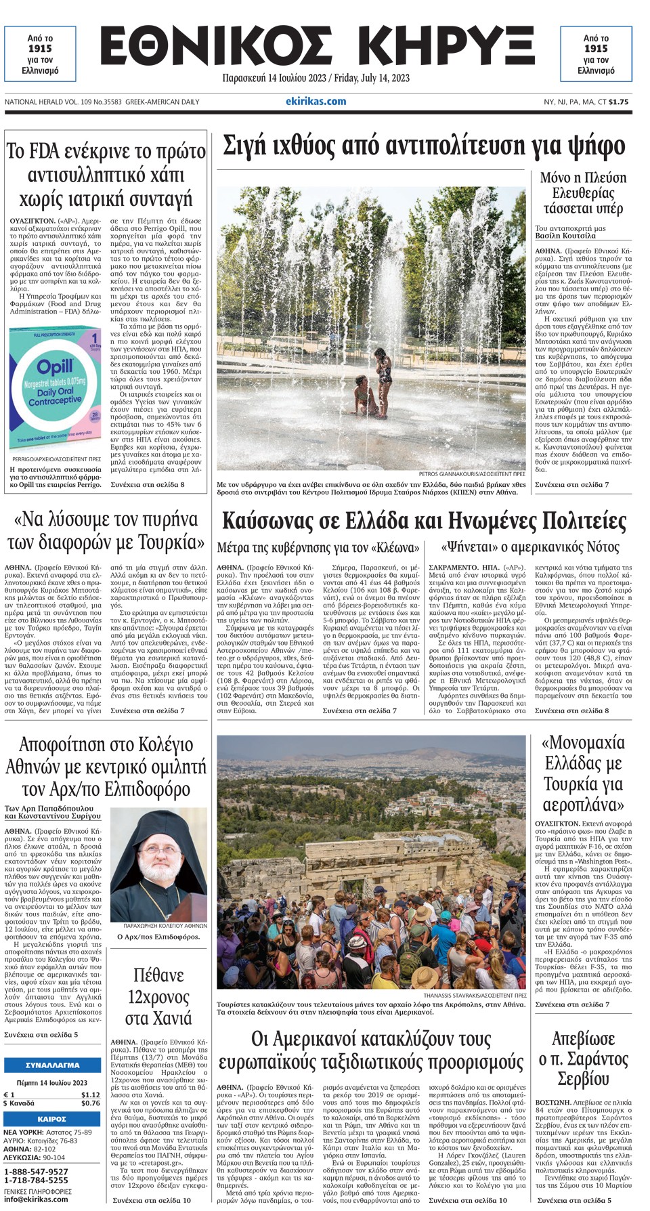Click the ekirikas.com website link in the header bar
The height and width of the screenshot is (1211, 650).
click(316, 102)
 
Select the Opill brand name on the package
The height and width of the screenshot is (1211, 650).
click(55, 368)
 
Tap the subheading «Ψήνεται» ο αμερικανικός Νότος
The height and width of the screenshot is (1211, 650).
click(530, 547)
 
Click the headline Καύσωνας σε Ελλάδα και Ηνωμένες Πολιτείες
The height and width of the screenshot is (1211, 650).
click(424, 522)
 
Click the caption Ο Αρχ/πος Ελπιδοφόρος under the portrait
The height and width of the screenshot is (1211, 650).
click(158, 937)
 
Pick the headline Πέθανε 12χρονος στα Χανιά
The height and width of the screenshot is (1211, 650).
click(158, 997)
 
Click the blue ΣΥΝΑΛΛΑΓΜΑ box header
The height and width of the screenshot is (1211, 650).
click(52, 1065)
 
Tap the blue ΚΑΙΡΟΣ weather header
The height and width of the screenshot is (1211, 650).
click(52, 1119)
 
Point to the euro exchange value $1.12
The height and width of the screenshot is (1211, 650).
click(91, 1095)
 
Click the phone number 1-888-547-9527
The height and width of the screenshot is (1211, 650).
click(37, 1171)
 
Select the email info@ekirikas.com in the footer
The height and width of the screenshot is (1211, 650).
click(37, 1199)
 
